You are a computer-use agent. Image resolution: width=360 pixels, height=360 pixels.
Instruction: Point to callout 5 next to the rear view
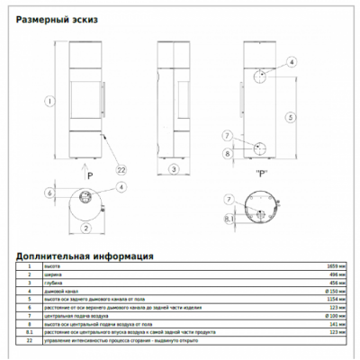click(290, 117)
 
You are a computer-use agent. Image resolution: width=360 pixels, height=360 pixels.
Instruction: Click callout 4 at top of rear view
click(290, 62)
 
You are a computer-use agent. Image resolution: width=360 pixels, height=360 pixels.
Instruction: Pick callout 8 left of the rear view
click(227, 154)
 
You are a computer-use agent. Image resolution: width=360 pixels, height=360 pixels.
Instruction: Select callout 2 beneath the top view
click(85, 228)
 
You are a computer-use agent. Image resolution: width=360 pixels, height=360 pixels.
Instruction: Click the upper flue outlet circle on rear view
click(260, 78)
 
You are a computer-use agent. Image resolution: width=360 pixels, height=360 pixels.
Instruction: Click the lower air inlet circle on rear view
click(258, 148)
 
